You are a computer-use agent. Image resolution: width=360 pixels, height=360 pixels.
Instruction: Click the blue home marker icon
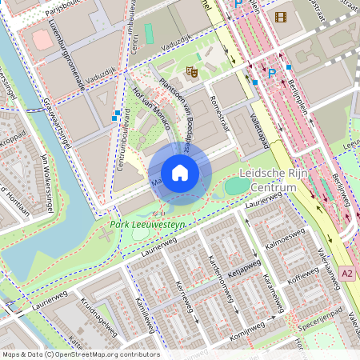pos(180,173)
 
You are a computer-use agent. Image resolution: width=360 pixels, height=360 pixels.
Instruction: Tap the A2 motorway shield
pos(346,273)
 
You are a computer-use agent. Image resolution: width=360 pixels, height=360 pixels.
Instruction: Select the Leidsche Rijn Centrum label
pos(268,180)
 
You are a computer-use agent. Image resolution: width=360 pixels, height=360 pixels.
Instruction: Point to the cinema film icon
pos(279,16)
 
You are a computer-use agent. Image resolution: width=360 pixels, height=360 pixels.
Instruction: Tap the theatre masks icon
pos(192,72)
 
